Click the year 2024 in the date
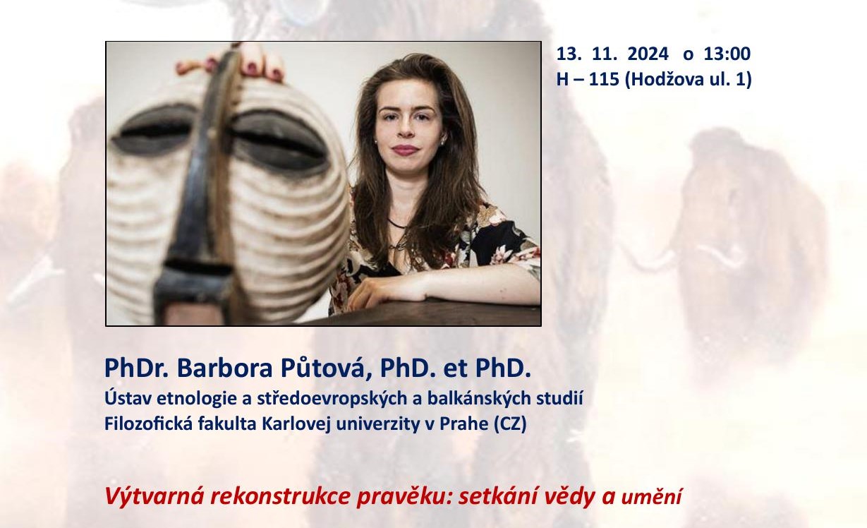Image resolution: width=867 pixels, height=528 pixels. [x=648, y=54]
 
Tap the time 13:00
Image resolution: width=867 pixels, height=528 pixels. [x=727, y=54]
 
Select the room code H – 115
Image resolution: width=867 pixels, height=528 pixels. [x=588, y=80]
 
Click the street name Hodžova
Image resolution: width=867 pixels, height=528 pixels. [x=666, y=80]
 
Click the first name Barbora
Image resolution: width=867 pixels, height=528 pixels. [x=224, y=368]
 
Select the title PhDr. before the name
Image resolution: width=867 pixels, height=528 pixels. [x=137, y=368]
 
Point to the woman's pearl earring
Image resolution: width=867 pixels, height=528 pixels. [x=442, y=143]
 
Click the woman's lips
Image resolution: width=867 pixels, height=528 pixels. [x=405, y=150]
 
